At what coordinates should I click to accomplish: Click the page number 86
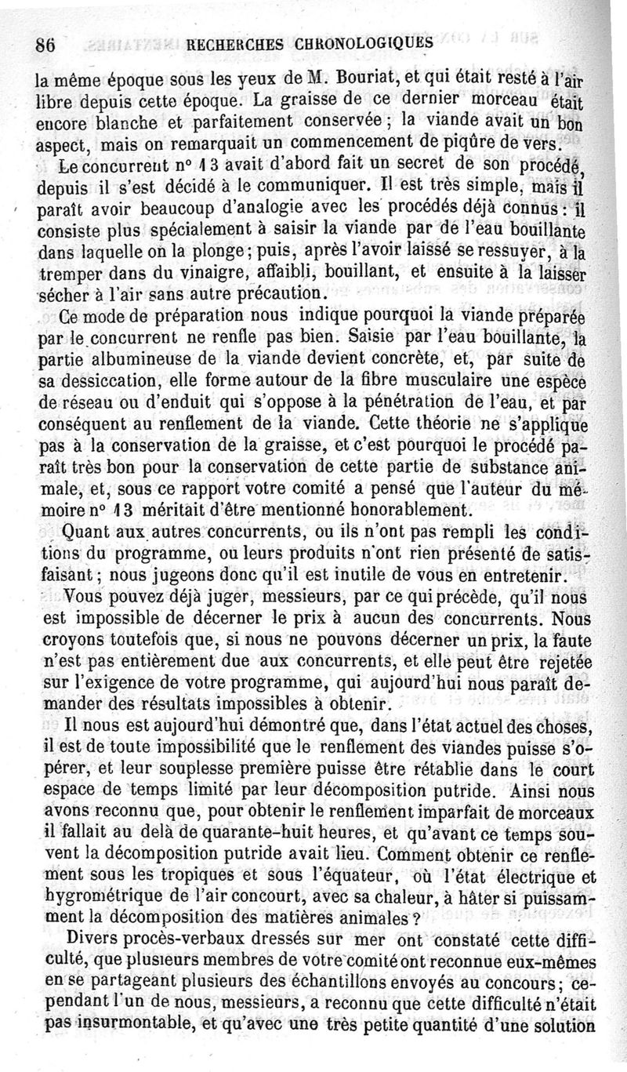tap(43, 45)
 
